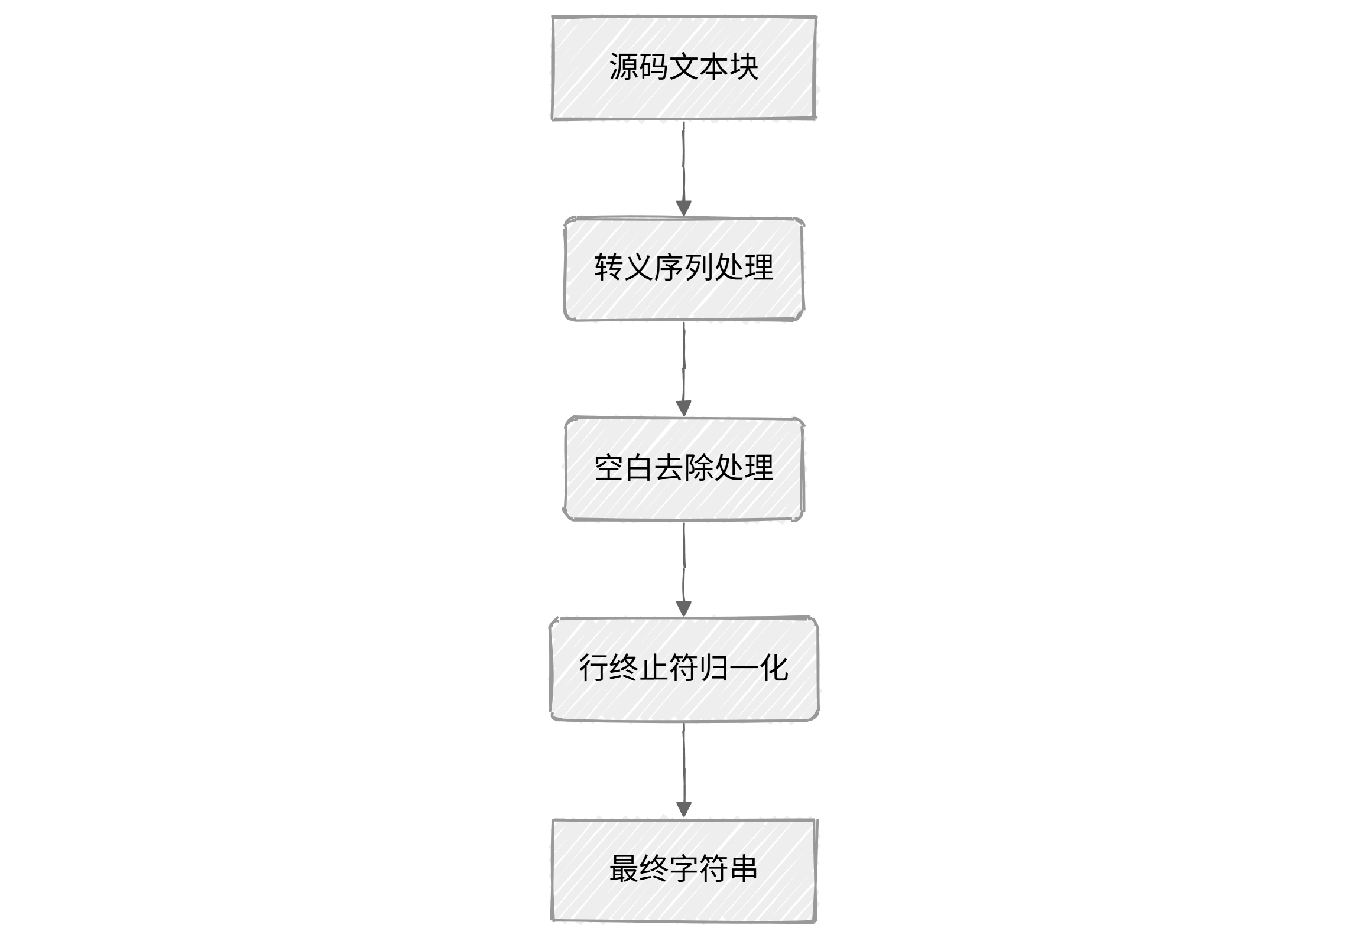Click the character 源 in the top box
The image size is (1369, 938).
pos(624,66)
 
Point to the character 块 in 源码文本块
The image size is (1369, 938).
pos(744,66)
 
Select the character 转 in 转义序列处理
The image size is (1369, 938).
pos(609,268)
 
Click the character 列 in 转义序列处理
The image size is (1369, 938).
pos(699,268)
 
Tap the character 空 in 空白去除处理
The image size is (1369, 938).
pos(609,468)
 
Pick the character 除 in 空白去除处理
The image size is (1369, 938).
pos(699,468)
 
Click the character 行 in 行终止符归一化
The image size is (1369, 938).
pos(594,668)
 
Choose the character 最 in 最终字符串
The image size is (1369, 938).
pos(624,869)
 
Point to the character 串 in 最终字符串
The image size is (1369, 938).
pos(744,869)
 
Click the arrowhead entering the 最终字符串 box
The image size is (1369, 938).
pos(684,809)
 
